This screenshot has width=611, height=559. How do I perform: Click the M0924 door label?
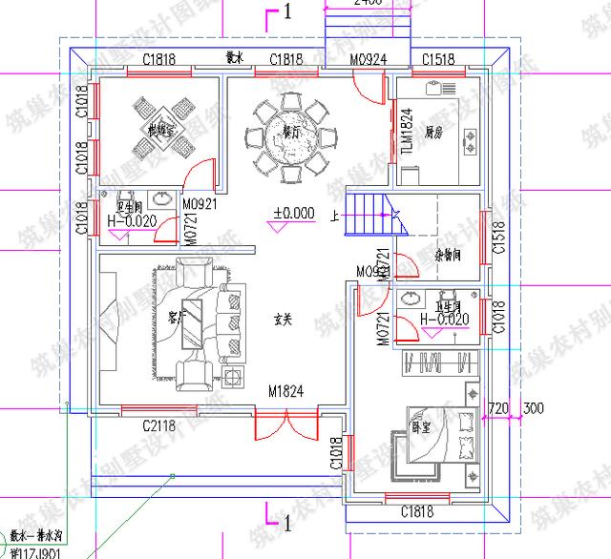368,59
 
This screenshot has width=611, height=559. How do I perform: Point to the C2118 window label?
160,424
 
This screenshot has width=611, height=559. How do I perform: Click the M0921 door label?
200,203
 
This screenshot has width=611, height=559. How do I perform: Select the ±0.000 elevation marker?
293,214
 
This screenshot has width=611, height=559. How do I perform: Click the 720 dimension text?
497,408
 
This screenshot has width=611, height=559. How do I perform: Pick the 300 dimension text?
534,408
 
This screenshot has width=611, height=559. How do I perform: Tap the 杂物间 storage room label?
449,255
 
